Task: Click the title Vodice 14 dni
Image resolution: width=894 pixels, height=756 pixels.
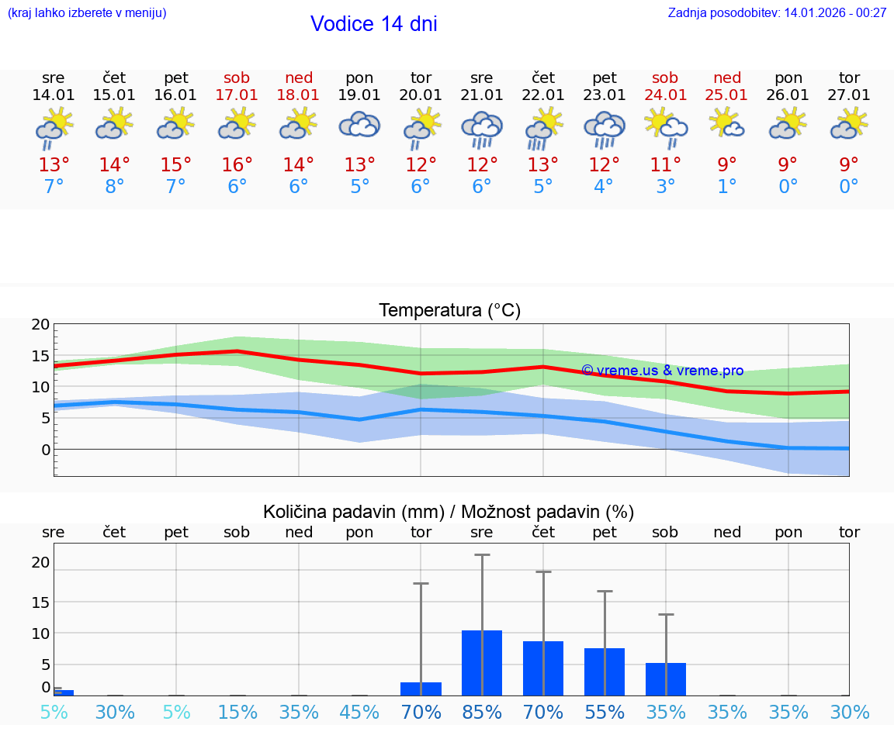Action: coord(373,24)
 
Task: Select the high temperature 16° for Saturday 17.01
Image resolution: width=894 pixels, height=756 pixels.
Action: coord(237,164)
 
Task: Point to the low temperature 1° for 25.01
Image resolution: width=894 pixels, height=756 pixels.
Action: coord(727,187)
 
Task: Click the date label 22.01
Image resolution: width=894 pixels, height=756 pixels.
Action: coord(543,95)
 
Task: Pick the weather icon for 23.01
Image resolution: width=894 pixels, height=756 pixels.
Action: coord(605,129)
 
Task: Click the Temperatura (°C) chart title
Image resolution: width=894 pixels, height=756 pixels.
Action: coord(449,310)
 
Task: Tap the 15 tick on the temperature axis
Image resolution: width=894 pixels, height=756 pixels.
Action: coord(40,356)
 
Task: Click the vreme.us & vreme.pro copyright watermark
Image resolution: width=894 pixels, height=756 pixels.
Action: coord(662,371)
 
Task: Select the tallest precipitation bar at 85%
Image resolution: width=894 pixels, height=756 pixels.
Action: coord(482,663)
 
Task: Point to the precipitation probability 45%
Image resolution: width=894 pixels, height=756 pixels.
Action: coord(359,712)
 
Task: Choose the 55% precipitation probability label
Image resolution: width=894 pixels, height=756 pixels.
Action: coord(605,712)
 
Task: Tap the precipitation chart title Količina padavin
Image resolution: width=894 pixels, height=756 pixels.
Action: coord(449,512)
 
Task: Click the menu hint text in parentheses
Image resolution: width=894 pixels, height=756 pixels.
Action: coord(87,12)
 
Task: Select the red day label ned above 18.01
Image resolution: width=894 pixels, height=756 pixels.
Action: coord(299,78)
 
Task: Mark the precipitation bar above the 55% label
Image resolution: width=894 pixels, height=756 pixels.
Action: coord(605,671)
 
